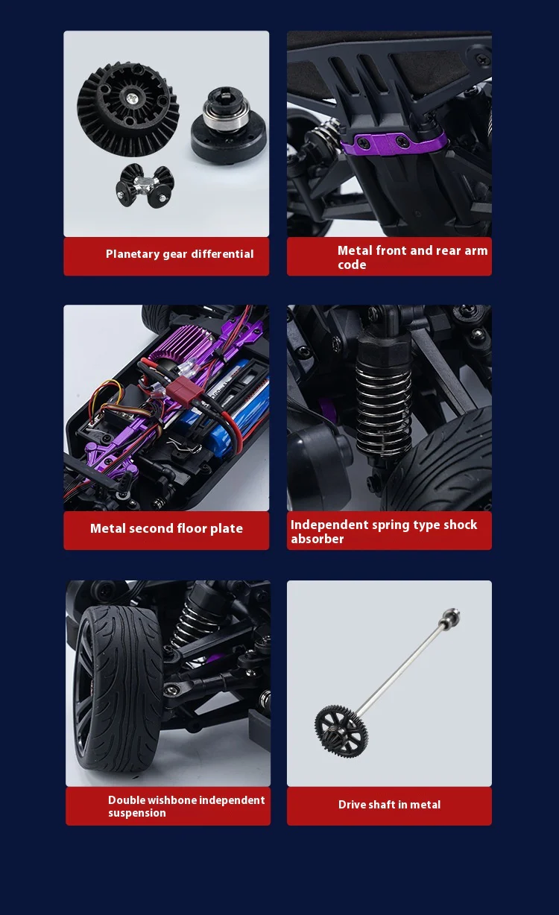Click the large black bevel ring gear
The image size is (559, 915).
point(128,110)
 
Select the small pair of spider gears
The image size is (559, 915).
point(145,186)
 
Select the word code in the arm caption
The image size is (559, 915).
point(352,265)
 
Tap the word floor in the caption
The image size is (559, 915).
point(192,528)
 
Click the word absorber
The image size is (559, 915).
point(317,539)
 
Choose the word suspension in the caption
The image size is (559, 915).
point(137,813)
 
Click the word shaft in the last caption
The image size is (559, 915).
point(382,804)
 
